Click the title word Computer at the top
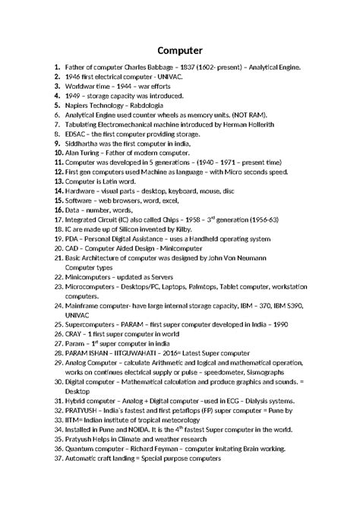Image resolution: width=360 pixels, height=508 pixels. click(179, 51)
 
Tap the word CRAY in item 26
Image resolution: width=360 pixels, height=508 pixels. click(76, 333)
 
